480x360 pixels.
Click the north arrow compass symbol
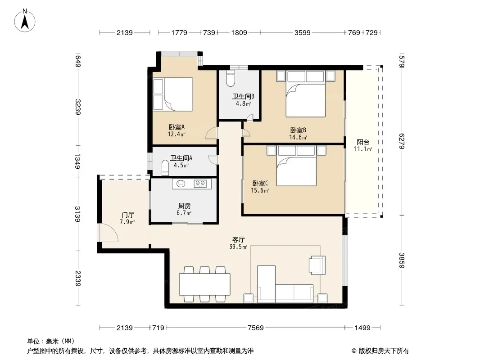click(25, 21)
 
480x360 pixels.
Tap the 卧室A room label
click(177, 127)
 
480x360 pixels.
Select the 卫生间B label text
click(243, 97)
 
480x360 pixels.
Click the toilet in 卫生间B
click(230, 79)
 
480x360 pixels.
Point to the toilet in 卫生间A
click(165, 168)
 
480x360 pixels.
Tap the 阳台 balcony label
click(363, 142)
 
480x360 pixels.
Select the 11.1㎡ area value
click(363, 149)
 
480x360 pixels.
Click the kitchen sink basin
click(181, 184)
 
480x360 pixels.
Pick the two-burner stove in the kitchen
click(200, 184)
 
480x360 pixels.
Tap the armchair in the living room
click(317, 265)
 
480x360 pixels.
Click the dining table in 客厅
click(204, 284)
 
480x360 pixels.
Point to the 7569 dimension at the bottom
click(256, 328)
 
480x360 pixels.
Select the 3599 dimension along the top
click(303, 33)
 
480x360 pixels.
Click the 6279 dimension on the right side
click(402, 141)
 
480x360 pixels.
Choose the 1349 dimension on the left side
click(78, 161)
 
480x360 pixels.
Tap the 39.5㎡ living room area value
click(238, 247)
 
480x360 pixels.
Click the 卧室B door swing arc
click(246, 133)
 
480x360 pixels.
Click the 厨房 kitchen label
click(184, 206)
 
